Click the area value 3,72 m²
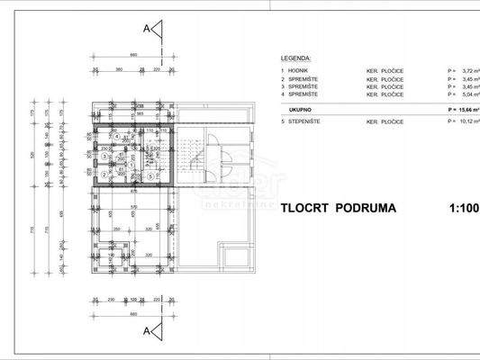466,70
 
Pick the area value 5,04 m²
466,94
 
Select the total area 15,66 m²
465,108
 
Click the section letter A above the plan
146,28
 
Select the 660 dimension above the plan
133,56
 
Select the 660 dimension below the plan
133,314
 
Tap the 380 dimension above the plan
119,68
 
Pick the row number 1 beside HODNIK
283,70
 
